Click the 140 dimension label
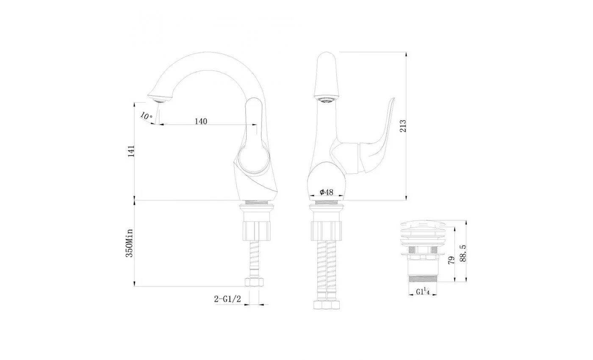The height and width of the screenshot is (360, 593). click(201, 121)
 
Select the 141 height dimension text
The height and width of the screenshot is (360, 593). click(131, 151)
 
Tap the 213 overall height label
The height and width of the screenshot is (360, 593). click(403, 126)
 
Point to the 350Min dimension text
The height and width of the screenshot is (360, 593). click(130, 243)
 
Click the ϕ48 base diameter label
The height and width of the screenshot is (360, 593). click(327, 192)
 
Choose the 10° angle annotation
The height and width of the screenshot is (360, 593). click(147, 116)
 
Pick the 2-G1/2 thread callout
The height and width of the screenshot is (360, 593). click(227, 299)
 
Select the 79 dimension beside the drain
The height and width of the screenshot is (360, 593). click(452, 260)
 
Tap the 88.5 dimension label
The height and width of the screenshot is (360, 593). click(463, 253)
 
